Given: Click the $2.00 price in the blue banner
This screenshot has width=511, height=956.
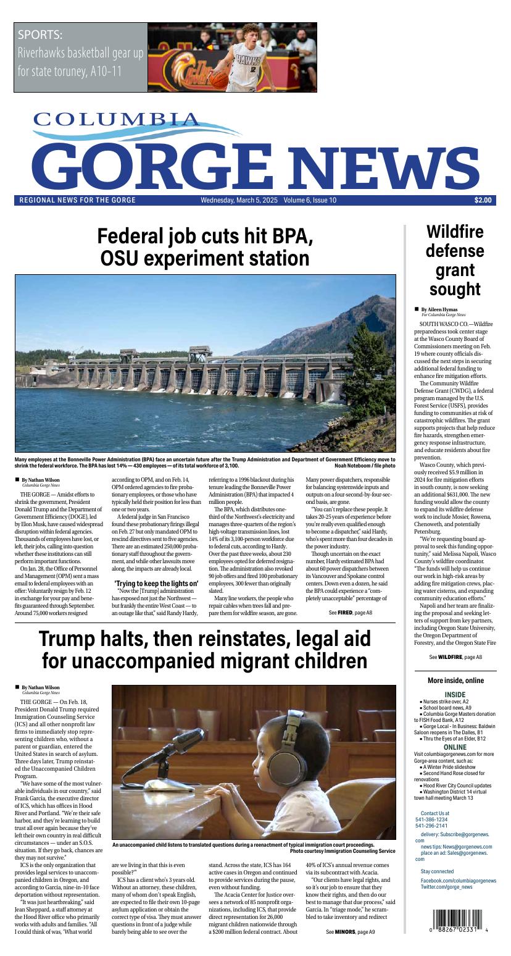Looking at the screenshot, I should click(483, 200).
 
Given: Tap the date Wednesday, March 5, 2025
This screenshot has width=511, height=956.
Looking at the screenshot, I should click(239, 200).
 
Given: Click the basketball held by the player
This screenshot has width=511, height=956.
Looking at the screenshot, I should click(219, 78).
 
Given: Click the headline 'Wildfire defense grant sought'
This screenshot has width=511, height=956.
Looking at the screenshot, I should click(455, 260).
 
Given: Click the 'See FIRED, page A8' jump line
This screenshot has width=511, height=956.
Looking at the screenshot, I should click(350, 613).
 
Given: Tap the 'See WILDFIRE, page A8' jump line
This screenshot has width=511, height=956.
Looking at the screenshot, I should click(455, 657).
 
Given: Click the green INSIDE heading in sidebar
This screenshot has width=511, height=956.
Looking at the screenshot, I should click(455, 694).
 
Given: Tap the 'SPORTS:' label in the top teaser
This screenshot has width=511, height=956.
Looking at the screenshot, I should click(40, 35).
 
